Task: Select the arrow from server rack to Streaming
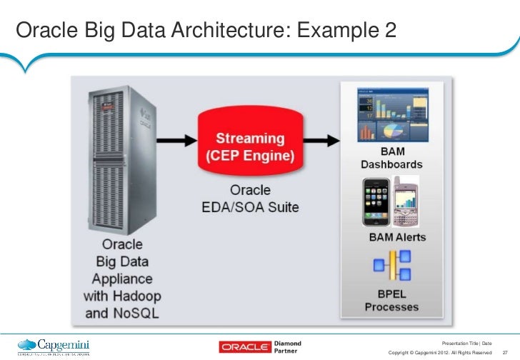pyautogui.click(x=178, y=139)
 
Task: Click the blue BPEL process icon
pyautogui.click(x=391, y=265)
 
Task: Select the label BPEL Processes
pyautogui.click(x=391, y=300)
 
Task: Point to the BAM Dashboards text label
pyautogui.click(x=391, y=157)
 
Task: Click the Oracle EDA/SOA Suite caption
pyautogui.click(x=250, y=199)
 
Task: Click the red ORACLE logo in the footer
pyautogui.click(x=244, y=347)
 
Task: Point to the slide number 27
pyautogui.click(x=505, y=352)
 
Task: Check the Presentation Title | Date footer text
pyautogui.click(x=467, y=343)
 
